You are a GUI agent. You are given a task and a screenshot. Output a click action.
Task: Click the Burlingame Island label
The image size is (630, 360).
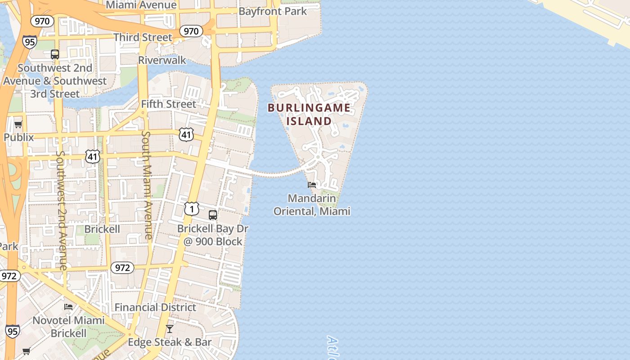309,114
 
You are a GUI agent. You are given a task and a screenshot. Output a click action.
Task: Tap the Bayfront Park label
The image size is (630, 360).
273,11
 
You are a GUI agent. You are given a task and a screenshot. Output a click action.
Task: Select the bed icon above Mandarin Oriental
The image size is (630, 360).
312,184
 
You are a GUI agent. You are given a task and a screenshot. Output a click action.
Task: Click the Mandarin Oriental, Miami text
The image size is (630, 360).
312,205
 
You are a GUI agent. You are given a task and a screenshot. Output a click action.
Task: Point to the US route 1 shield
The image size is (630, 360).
192,209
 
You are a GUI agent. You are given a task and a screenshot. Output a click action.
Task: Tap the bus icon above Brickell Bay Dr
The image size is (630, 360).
213,215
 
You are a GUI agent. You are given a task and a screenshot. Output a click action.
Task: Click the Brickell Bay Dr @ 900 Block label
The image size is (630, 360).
213,235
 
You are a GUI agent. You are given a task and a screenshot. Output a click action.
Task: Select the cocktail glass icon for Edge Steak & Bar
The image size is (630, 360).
170,329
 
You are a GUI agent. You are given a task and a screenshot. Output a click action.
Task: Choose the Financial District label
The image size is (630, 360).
155,307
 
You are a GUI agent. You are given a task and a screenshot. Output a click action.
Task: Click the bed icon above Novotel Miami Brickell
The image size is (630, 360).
68,307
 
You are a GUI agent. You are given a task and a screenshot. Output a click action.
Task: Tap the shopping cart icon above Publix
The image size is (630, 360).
18,124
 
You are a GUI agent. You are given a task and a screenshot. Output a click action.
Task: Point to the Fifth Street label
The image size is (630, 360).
168,104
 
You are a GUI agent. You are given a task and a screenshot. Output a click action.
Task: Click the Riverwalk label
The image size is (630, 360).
162,60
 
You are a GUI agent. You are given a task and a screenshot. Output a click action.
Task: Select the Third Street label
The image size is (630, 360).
143,37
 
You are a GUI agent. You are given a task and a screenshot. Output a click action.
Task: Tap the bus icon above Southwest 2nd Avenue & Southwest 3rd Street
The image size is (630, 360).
55,54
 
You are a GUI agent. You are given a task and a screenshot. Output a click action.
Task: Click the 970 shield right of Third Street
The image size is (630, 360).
191,31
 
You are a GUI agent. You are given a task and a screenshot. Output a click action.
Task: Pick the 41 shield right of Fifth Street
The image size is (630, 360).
186,134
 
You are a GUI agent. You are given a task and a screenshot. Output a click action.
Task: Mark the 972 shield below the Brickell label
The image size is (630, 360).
122,268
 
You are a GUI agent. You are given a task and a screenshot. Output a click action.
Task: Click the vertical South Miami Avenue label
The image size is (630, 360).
147,184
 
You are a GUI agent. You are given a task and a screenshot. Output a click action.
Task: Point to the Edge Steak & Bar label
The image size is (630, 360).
170,342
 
